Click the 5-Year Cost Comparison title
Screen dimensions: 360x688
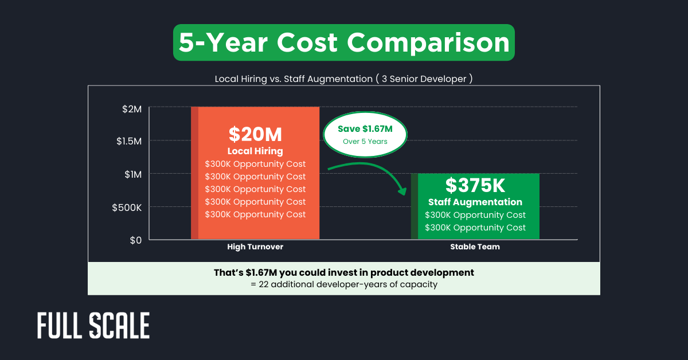pos(344,43)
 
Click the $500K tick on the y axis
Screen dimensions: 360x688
pos(126,207)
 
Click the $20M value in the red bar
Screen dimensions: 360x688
pos(255,134)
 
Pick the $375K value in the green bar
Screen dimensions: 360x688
pos(475,185)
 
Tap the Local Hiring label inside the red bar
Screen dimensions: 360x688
pos(255,151)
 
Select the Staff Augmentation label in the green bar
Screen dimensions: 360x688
pos(475,202)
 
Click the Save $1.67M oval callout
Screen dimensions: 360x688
pos(365,135)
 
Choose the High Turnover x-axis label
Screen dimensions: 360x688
pos(255,246)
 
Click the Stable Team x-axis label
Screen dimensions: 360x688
pos(475,246)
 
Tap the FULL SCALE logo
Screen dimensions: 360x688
pos(93,326)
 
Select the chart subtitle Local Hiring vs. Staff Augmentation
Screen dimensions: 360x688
pos(343,79)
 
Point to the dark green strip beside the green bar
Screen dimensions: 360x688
pos(414,206)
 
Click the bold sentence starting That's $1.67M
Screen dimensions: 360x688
pos(343,272)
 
